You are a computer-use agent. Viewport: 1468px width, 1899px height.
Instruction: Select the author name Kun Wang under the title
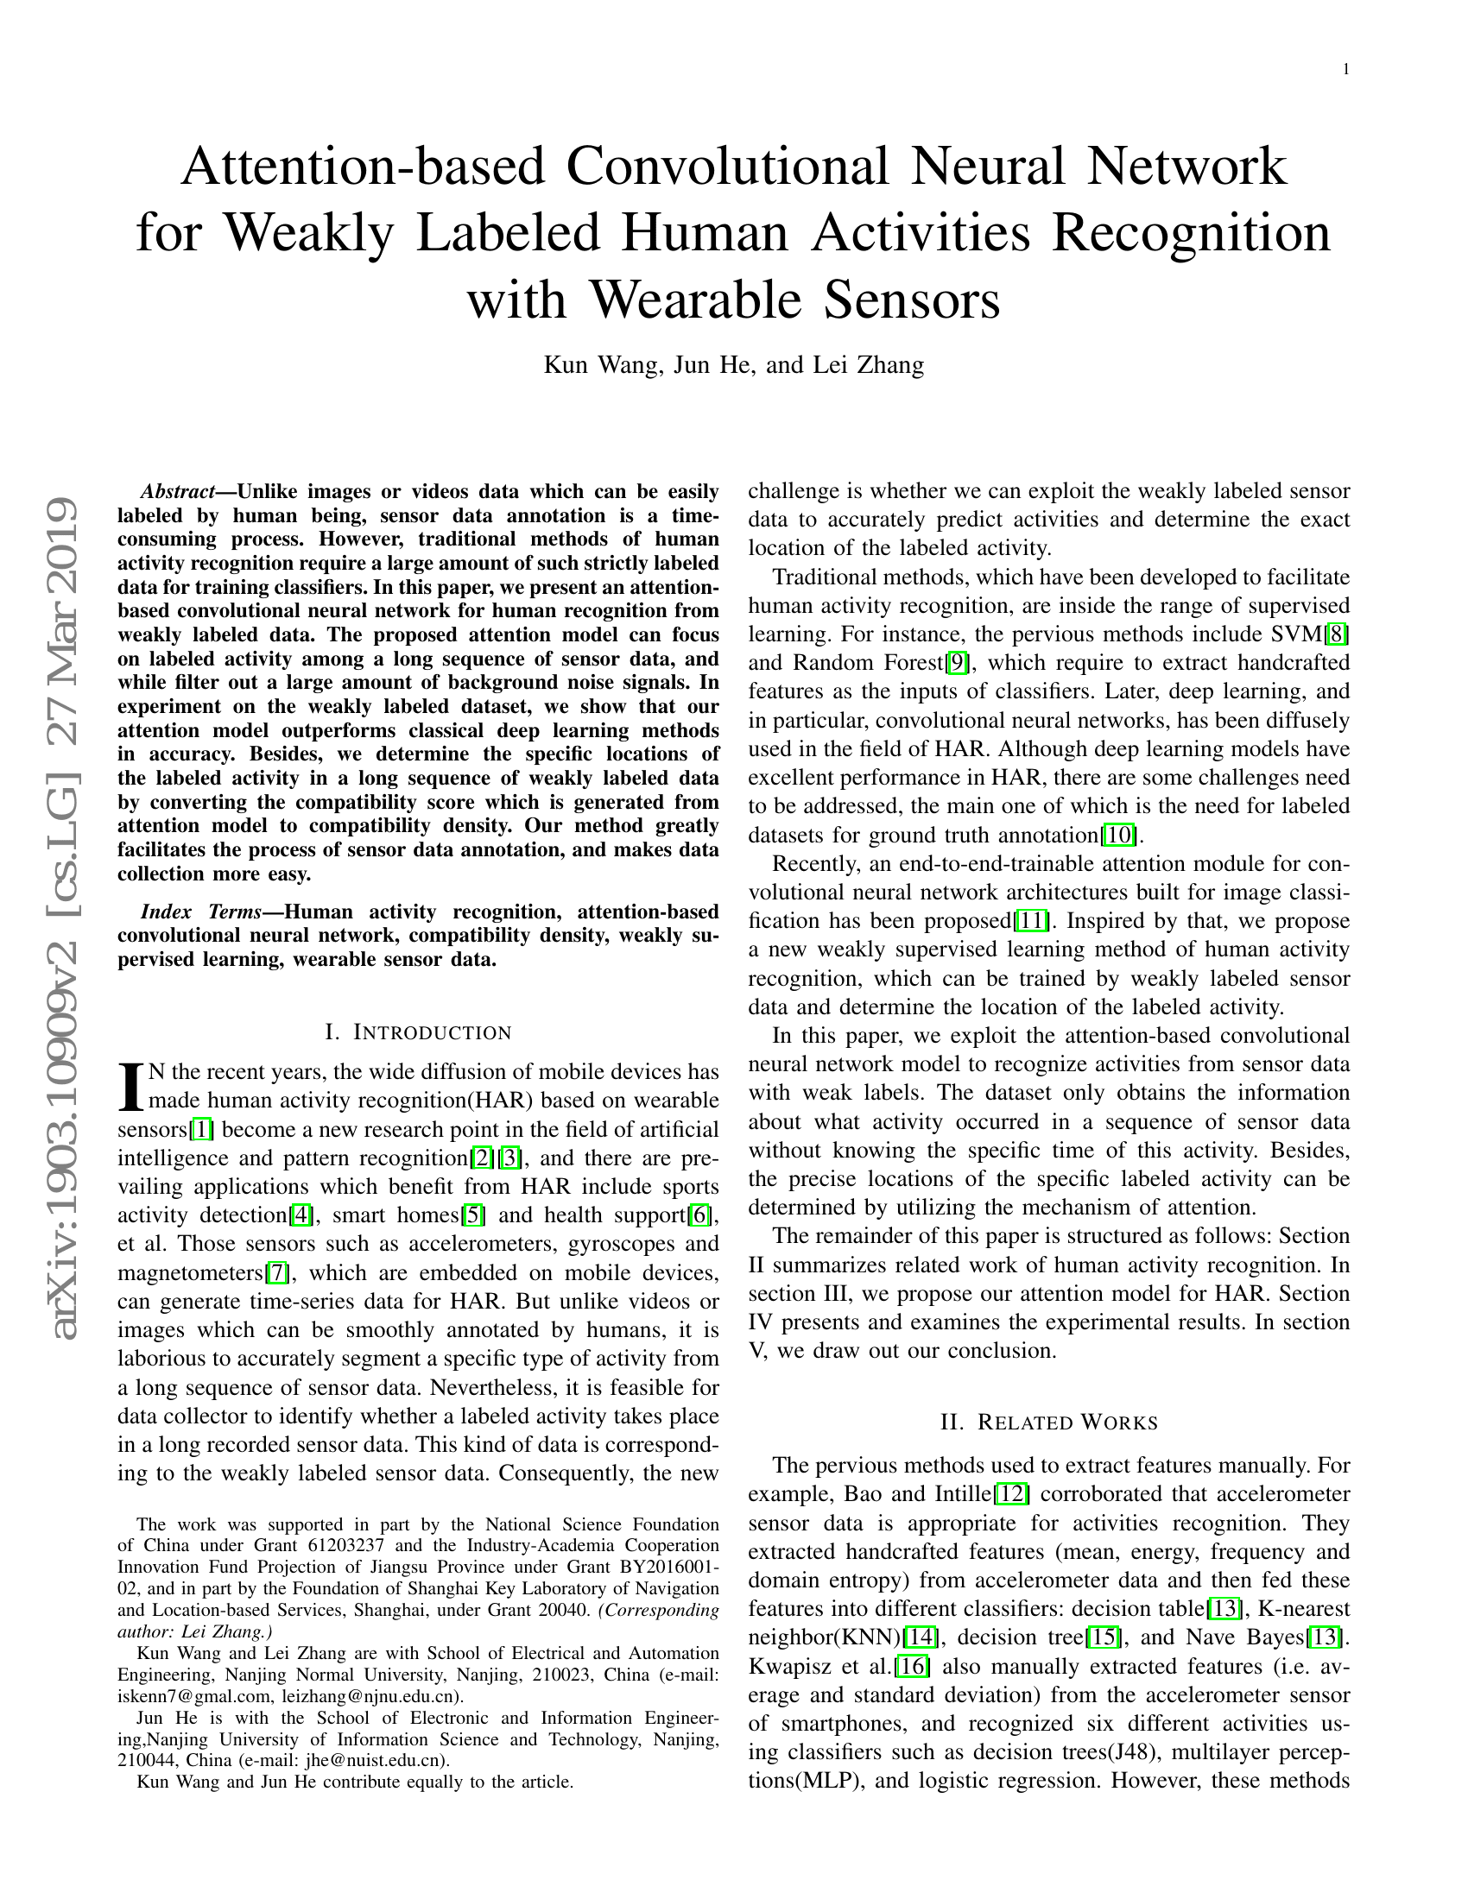tap(599, 364)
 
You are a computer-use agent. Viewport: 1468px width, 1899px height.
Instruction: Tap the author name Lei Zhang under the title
tap(867, 364)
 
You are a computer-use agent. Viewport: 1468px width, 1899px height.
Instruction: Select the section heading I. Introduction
tap(417, 1033)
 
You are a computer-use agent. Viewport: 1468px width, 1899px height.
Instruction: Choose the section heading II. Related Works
tap(1049, 1423)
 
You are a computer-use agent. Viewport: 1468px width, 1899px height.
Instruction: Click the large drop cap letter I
tap(130, 1087)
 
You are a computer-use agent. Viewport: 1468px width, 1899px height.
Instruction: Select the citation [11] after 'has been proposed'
tap(1032, 921)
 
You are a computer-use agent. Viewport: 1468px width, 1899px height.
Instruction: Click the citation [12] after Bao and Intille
tap(1012, 1495)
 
